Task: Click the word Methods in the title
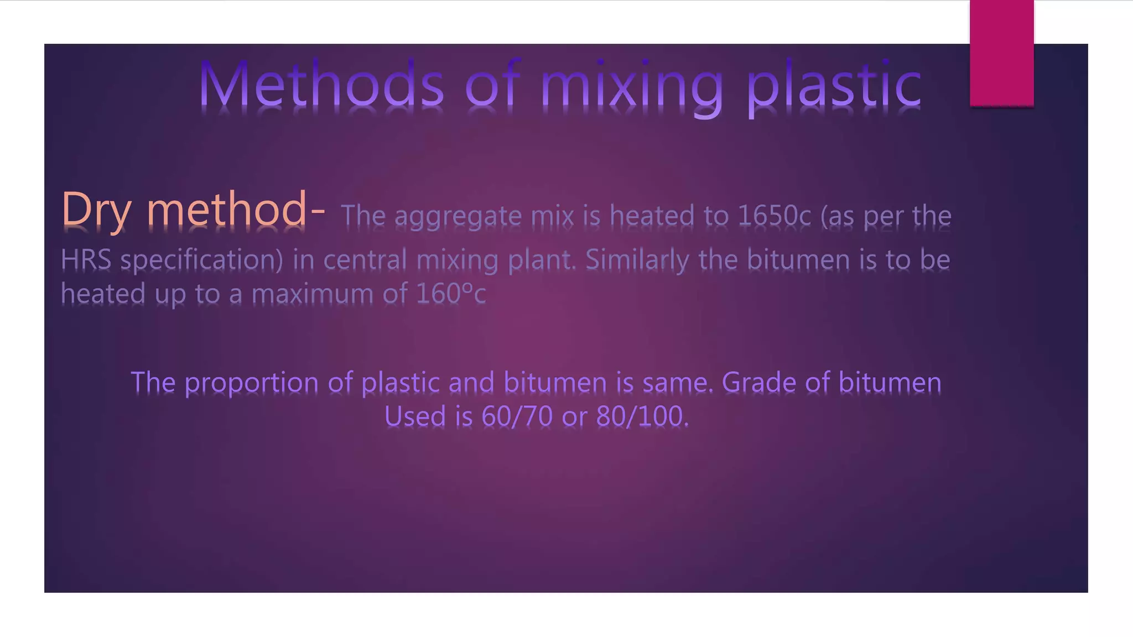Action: tap(321, 84)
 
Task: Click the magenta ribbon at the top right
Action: tap(1001, 53)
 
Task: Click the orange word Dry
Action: tap(96, 210)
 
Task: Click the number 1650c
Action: tap(775, 216)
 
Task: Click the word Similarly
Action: tap(637, 260)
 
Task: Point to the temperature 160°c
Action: tap(451, 294)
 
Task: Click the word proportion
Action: tap(251, 383)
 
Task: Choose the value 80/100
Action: tap(642, 416)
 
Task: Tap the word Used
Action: tap(415, 416)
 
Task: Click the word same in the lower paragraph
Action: tap(677, 382)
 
